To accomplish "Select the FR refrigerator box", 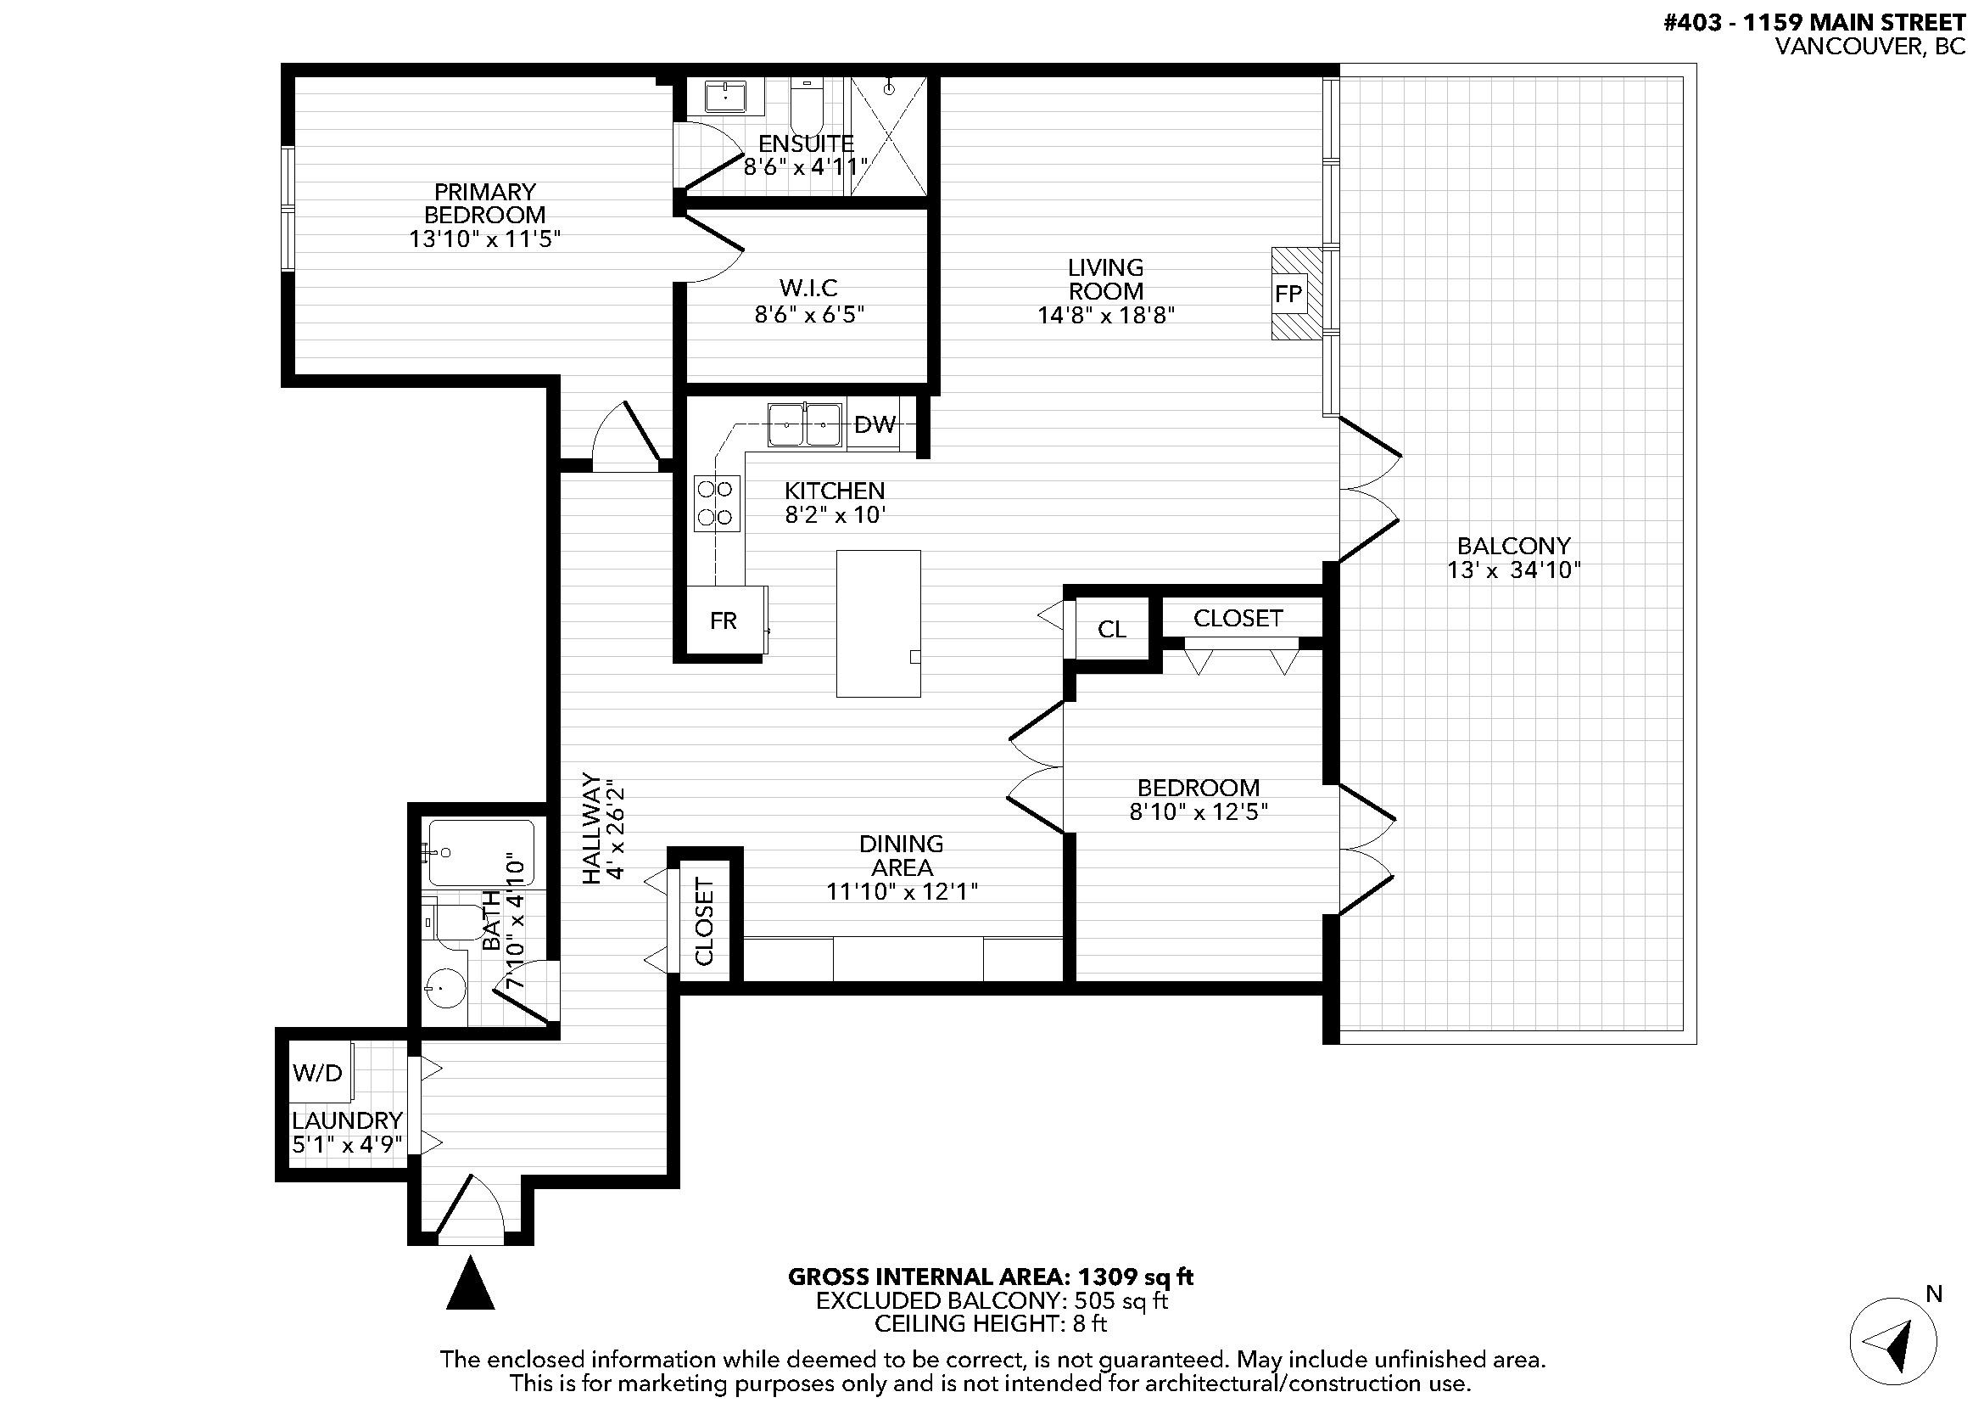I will coord(724,620).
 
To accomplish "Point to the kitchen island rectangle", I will coord(878,622).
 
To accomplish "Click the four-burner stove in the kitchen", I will coord(717,503).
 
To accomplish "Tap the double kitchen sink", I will coord(804,424).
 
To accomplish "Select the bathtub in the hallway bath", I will coord(481,852).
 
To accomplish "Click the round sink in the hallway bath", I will coord(446,986).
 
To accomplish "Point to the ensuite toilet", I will coord(807,105).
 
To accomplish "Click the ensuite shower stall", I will coord(889,136).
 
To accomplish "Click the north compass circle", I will coord(1892,1341).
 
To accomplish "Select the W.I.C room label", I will coord(808,288).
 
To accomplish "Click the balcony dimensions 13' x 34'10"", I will coord(1513,570).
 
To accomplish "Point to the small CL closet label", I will coord(1111,629).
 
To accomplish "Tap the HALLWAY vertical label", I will coord(591,828).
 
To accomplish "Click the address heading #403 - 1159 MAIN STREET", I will coord(1814,21).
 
